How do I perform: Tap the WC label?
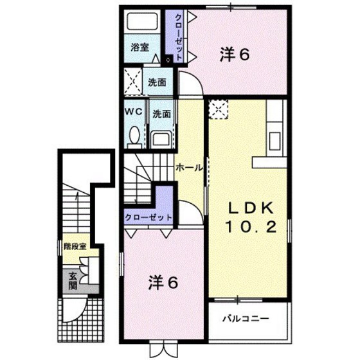tap(133, 111)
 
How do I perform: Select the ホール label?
tap(189, 168)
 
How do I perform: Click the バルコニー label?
tap(246, 318)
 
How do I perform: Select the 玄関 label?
tap(73, 278)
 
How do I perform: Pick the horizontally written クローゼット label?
tap(148, 217)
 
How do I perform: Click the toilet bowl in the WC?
tap(134, 136)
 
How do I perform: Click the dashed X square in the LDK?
tap(219, 109)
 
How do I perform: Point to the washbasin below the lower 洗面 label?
tap(160, 138)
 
